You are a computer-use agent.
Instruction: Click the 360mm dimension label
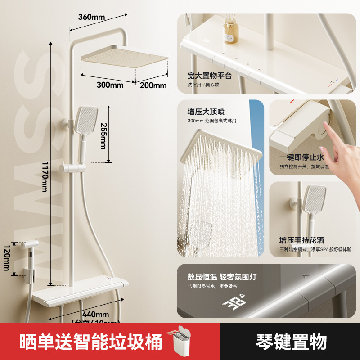[x=91, y=17]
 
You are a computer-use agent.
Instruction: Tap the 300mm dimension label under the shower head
[x=109, y=84]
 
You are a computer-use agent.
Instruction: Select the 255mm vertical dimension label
[x=103, y=135]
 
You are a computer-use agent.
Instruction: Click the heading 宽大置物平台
[x=210, y=76]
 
